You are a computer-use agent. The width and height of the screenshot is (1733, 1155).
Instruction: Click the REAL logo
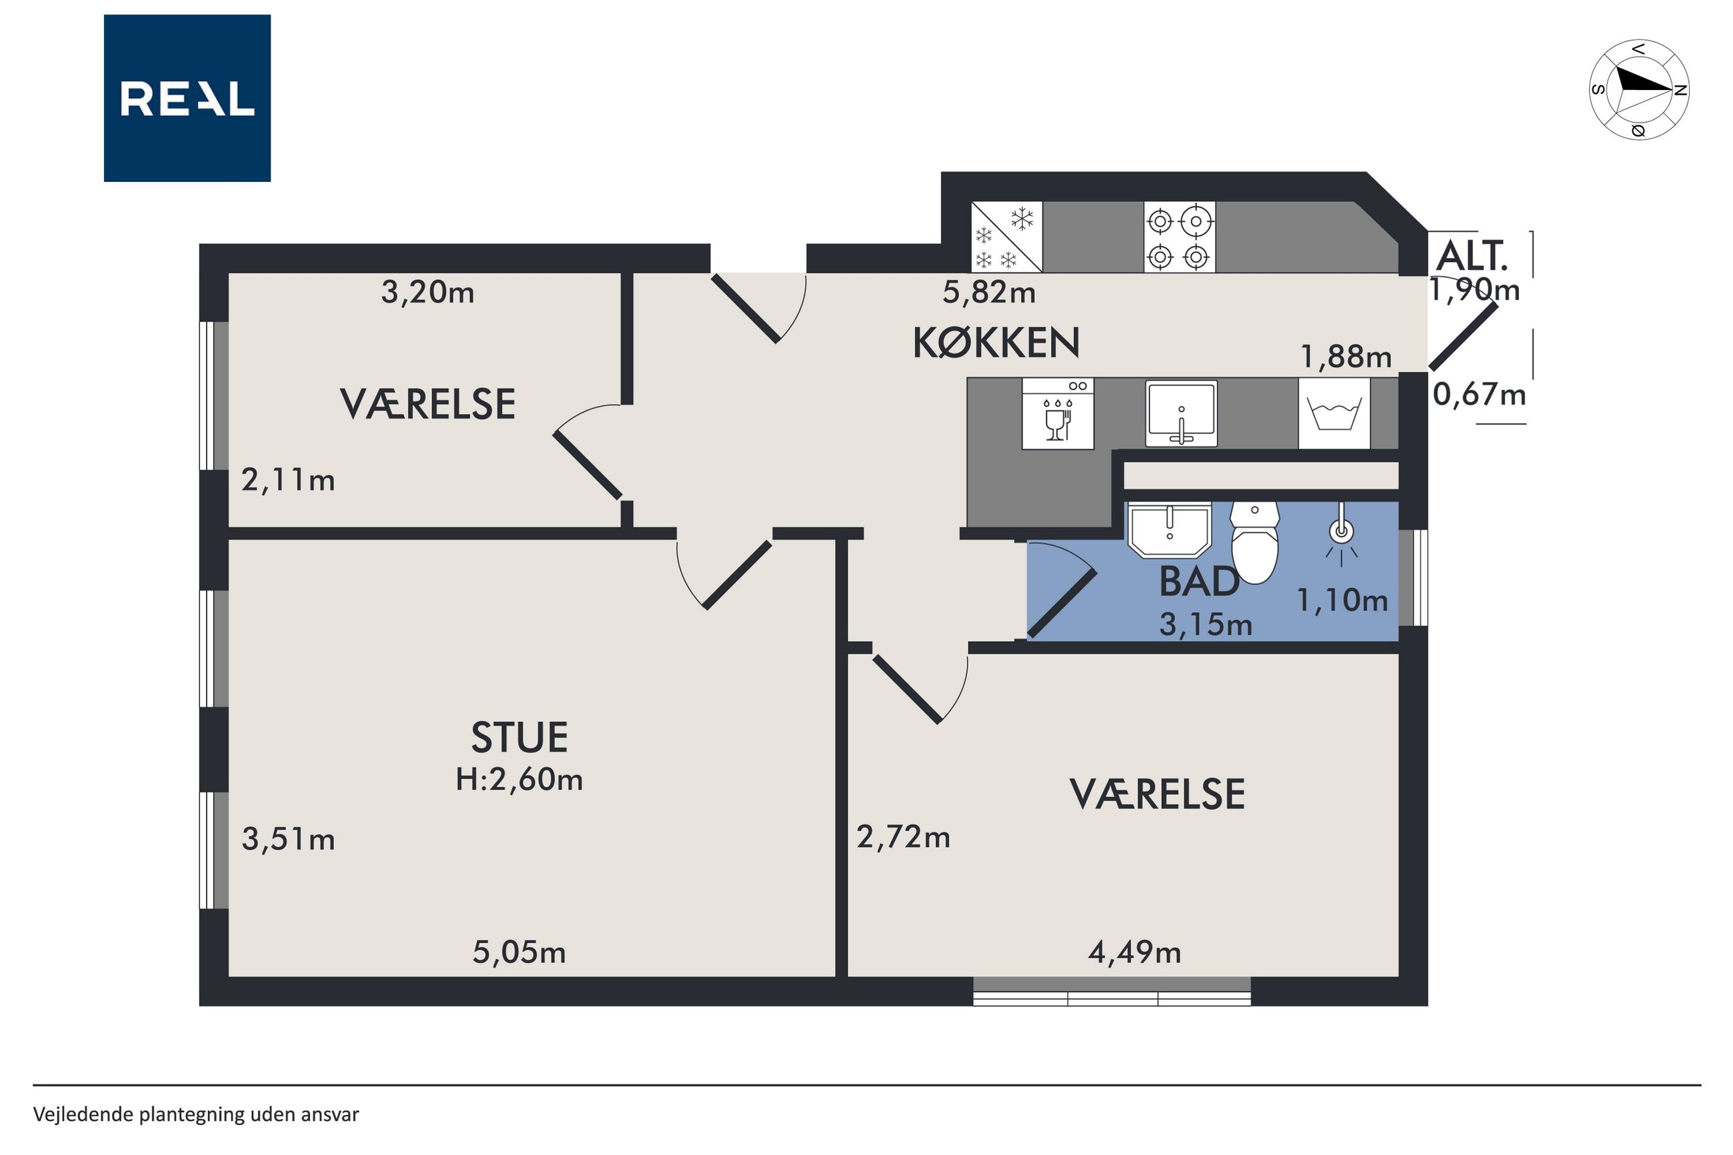(x=187, y=98)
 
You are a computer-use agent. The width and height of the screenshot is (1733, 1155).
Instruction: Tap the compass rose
(x=1639, y=89)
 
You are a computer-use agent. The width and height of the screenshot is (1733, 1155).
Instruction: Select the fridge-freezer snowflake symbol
(x=1006, y=237)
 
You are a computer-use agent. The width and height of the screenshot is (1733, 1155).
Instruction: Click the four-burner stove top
(x=1179, y=237)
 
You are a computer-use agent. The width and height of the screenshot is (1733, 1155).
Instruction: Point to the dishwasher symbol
(x=1058, y=413)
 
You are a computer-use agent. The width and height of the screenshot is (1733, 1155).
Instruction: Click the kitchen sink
(x=1181, y=413)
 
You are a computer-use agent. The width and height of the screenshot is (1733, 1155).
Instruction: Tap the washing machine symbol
(x=1334, y=413)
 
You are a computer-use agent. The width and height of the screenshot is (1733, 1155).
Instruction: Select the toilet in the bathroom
(x=1255, y=542)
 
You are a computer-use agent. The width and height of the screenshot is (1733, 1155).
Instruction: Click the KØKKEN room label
(x=996, y=343)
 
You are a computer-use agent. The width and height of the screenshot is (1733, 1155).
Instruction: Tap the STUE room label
(x=519, y=737)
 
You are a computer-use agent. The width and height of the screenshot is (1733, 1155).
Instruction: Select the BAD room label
(x=1198, y=582)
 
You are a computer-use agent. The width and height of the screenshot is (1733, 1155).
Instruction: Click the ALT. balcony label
(x=1472, y=257)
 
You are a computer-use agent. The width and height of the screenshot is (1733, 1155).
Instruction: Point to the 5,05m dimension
(x=519, y=952)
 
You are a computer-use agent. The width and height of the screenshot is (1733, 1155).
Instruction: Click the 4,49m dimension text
(x=1134, y=952)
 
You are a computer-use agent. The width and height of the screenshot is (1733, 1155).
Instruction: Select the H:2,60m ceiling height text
(x=519, y=778)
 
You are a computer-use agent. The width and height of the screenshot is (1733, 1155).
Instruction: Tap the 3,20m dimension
(x=427, y=293)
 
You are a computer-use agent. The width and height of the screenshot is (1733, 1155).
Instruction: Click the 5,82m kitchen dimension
(x=989, y=293)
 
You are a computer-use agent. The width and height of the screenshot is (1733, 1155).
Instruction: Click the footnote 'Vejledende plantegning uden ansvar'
(x=196, y=1114)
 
